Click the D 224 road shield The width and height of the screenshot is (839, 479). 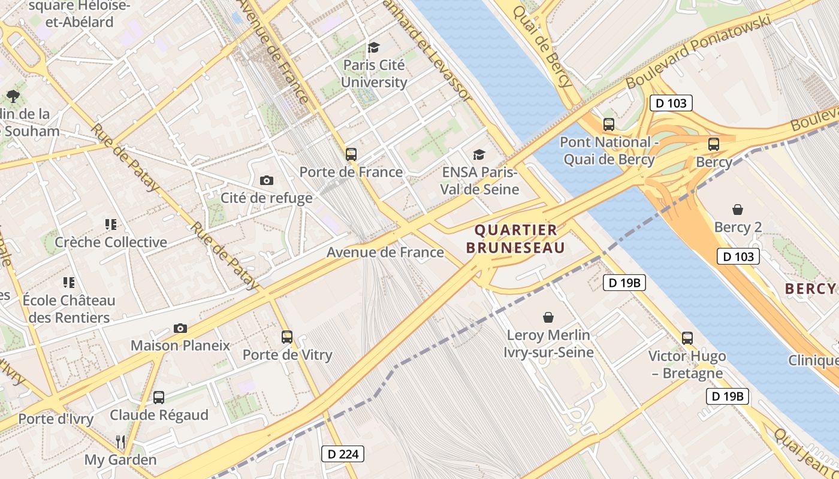[x=343, y=454]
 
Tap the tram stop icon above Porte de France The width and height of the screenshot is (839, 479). [x=351, y=154]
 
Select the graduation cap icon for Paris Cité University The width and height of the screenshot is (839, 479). [x=374, y=47]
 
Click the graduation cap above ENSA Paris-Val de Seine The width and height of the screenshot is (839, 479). [x=479, y=155]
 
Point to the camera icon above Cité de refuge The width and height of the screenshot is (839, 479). [x=267, y=180]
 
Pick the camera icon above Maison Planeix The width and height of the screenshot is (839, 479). [x=180, y=328]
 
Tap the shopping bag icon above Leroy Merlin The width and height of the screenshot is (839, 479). [x=548, y=317]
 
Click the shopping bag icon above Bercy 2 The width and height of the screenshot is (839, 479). [x=738, y=210]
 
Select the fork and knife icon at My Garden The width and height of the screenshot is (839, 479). [x=120, y=442]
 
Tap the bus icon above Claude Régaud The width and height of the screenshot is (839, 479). [x=159, y=397]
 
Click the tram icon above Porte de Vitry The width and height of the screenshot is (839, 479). [x=287, y=337]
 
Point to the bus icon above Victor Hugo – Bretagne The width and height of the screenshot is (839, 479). [x=687, y=338]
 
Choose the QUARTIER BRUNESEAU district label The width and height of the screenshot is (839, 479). [x=515, y=238]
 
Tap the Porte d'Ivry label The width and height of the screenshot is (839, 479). [x=56, y=419]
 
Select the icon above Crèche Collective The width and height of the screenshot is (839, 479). [x=110, y=225]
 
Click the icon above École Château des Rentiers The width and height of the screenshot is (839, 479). [x=69, y=282]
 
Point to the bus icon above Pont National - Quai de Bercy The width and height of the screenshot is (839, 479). [x=609, y=125]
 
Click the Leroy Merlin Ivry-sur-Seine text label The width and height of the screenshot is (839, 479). [x=548, y=343]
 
